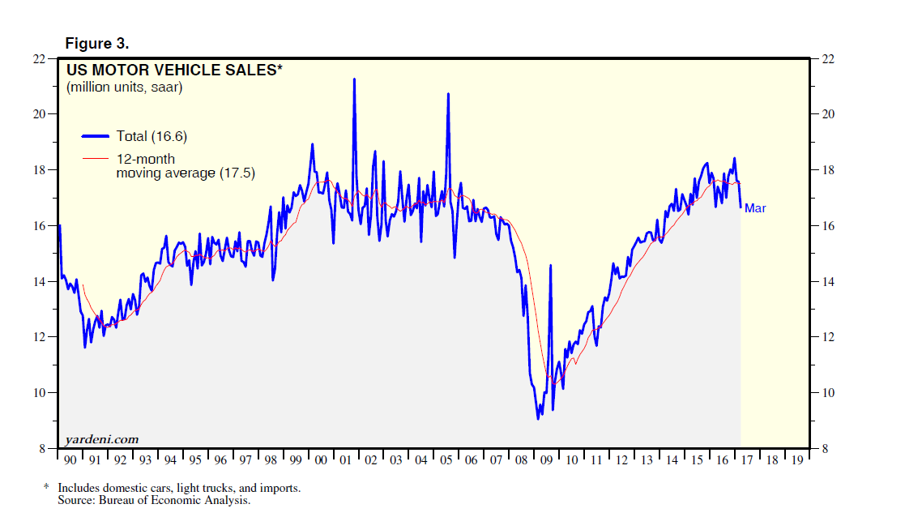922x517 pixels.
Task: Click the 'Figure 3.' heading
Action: pyautogui.click(x=96, y=43)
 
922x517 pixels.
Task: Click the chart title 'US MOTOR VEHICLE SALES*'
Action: pyautogui.click(x=175, y=70)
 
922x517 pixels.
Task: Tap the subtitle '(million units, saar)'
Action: pyautogui.click(x=125, y=87)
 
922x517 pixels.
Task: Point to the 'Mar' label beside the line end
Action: pyautogui.click(x=755, y=208)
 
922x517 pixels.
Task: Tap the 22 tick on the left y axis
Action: pyautogui.click(x=37, y=59)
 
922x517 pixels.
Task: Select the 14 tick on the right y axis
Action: pyautogui.click(x=828, y=282)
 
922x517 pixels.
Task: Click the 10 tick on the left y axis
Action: pyautogui.click(x=37, y=393)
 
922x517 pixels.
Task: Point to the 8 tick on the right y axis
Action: pyautogui.click(x=825, y=449)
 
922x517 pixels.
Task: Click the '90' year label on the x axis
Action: pyautogui.click(x=70, y=460)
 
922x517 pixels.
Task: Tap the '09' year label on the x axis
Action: pyautogui.click(x=547, y=460)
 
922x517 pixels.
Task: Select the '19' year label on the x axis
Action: pyautogui.click(x=798, y=460)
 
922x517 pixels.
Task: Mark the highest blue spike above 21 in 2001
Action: pyautogui.click(x=354, y=79)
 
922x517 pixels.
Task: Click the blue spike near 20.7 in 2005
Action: pyautogui.click(x=448, y=94)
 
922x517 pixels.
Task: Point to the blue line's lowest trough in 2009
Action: pyautogui.click(x=538, y=418)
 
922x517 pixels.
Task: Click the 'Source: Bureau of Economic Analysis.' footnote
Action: pyautogui.click(x=154, y=500)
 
